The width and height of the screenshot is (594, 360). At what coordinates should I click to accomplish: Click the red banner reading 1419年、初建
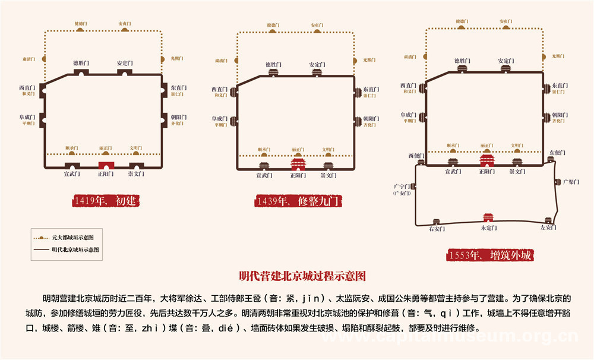click(107, 201)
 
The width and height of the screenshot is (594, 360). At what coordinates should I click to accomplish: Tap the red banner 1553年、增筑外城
click(491, 255)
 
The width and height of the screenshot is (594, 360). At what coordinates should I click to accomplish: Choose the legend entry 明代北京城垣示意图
click(75, 250)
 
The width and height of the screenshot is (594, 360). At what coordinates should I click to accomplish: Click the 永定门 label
click(488, 228)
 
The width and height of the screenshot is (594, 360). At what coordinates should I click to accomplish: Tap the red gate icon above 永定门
click(488, 217)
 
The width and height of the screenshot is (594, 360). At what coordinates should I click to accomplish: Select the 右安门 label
click(437, 228)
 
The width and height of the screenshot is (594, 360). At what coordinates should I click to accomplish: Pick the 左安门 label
click(548, 228)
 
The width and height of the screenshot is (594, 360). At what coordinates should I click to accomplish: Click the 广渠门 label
click(570, 182)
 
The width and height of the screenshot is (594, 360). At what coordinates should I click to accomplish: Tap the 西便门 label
click(416, 156)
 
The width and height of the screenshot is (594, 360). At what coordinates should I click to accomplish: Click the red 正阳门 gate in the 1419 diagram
click(106, 166)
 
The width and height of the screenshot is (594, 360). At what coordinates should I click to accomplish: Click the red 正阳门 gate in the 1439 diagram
click(298, 165)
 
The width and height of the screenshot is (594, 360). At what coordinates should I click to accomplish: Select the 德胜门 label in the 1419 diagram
click(81, 62)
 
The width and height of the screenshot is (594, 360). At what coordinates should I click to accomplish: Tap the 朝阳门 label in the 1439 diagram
click(372, 118)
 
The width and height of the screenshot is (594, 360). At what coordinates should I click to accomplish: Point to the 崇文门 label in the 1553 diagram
click(517, 172)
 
